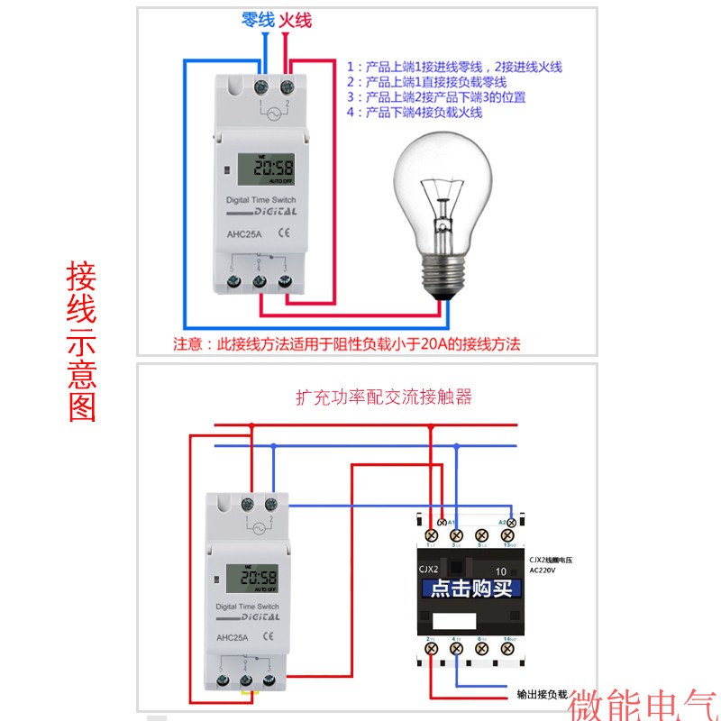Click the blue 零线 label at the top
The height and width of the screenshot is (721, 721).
pyautogui.click(x=258, y=20)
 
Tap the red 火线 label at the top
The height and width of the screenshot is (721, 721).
pyautogui.click(x=296, y=20)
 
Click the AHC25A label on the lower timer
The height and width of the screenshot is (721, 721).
pyautogui.click(x=232, y=638)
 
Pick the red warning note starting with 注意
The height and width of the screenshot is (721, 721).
pyautogui.click(x=347, y=343)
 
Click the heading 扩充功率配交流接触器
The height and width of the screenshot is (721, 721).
pyautogui.click(x=384, y=397)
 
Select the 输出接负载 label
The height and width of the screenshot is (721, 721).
pyautogui.click(x=542, y=695)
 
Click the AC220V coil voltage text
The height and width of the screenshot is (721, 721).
pyautogui.click(x=544, y=570)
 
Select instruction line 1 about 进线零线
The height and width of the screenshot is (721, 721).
pyautogui.click(x=455, y=67)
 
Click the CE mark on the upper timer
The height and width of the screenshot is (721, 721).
pyautogui.click(x=281, y=233)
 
